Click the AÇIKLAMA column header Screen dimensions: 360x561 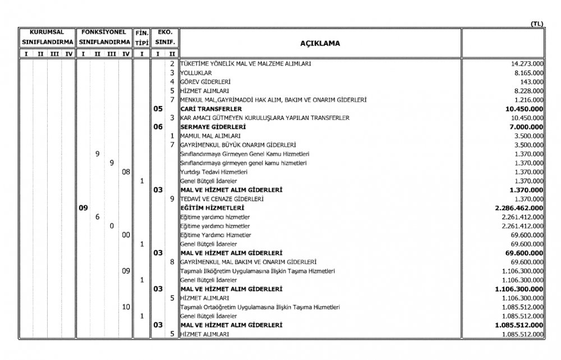321,43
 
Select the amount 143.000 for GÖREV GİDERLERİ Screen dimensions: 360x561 532,82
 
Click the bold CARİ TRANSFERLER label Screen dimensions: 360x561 211,109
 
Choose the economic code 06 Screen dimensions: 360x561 158,127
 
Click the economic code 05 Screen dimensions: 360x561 158,109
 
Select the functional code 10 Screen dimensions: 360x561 126,307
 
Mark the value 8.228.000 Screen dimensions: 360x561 528,91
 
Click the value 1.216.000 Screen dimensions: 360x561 528,100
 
